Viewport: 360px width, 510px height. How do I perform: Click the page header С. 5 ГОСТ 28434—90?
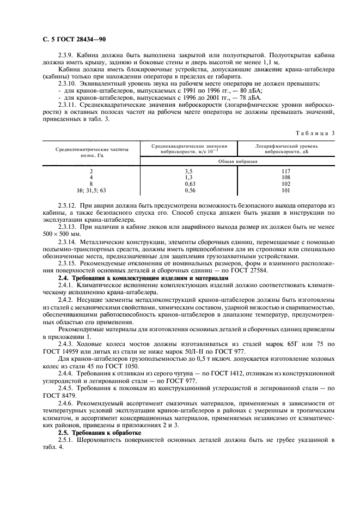click(73, 39)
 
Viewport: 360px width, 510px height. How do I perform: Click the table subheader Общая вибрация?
click(237, 162)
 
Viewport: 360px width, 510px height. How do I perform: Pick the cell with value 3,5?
click(190, 171)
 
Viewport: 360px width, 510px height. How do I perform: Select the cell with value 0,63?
click(190, 184)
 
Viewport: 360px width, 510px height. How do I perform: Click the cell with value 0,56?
click(190, 191)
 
